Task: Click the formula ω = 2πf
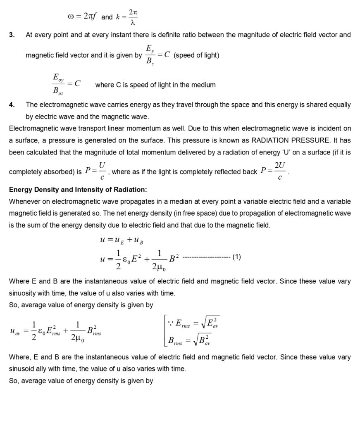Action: pos(83,17)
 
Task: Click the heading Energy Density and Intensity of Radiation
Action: pos(78,190)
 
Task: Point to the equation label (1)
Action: pos(236,257)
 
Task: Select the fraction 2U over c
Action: pos(280,171)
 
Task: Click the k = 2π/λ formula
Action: pos(126,17)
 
